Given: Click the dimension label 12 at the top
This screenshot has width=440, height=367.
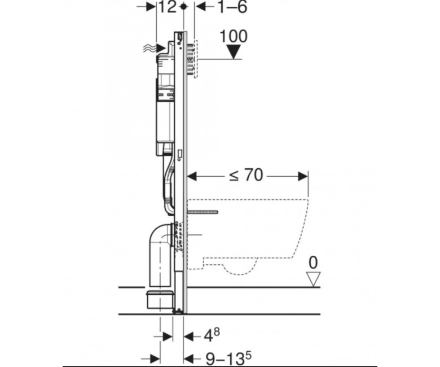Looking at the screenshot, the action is click(167, 7).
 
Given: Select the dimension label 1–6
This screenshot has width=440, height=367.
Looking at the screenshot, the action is click(232, 7).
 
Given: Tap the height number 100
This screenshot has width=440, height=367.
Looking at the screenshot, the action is click(234, 36).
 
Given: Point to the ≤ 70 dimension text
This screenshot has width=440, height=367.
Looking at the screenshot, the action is click(246, 176).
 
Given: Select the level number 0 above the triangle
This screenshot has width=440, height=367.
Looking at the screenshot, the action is click(313, 263).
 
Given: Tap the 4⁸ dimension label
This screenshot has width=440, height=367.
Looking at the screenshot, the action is click(212, 335).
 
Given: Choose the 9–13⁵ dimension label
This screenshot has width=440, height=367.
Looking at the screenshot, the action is click(228, 358).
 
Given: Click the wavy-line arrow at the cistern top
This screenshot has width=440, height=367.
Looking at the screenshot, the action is click(155, 49).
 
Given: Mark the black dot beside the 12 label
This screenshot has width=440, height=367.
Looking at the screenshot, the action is click(184, 6).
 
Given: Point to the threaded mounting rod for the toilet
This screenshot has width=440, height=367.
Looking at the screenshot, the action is click(203, 212).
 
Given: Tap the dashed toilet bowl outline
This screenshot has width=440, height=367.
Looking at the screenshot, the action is click(248, 237).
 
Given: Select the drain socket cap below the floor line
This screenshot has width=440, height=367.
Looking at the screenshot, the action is click(159, 300).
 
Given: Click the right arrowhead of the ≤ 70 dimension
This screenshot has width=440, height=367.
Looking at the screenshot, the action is click(303, 176).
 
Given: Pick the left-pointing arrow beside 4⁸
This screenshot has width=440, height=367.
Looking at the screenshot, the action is click(188, 336).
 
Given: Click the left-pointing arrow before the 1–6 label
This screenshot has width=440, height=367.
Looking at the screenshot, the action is click(201, 7).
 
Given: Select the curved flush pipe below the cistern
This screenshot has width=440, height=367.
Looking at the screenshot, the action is click(168, 185).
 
